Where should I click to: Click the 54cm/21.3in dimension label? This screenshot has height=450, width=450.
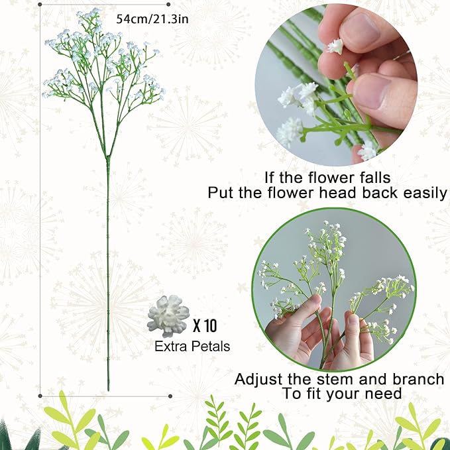pos(152,19)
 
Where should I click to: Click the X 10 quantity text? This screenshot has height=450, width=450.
pos(204,326)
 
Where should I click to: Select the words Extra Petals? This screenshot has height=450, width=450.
pos(192,346)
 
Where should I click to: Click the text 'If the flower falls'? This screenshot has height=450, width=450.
pos(328,177)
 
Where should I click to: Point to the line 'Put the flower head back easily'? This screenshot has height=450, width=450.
pos(327,193)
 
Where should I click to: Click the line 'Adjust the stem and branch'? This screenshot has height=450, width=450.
pos(339,379)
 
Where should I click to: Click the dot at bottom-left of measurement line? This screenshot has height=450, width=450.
pos(41,396)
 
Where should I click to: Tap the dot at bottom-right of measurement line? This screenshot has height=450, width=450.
pos(170,396)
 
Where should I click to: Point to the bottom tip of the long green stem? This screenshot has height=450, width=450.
pos(109,390)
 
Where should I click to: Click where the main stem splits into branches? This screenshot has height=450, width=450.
pos(107,158)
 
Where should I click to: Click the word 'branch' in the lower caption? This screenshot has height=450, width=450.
pos(418,379)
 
